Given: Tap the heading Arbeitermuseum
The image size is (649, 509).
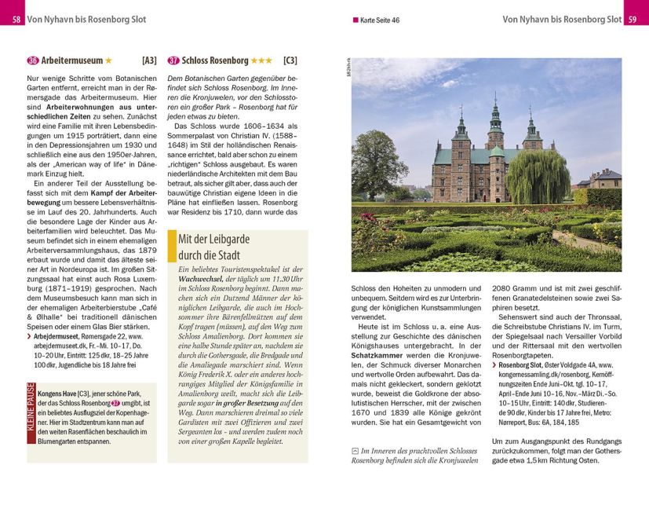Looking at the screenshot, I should (71, 60).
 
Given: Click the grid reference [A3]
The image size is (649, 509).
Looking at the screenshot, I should (148, 60).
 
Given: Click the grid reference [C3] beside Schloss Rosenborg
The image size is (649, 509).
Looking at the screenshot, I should (290, 60).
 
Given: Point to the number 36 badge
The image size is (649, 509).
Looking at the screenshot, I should (33, 60).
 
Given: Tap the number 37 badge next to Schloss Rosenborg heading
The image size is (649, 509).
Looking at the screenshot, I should (173, 60).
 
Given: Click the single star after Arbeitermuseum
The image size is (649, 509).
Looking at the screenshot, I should (109, 60).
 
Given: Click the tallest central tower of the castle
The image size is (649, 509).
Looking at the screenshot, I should (495, 126).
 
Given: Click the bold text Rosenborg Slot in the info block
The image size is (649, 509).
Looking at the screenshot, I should (525, 364).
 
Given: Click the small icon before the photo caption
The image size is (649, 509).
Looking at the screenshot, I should (355, 451).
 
